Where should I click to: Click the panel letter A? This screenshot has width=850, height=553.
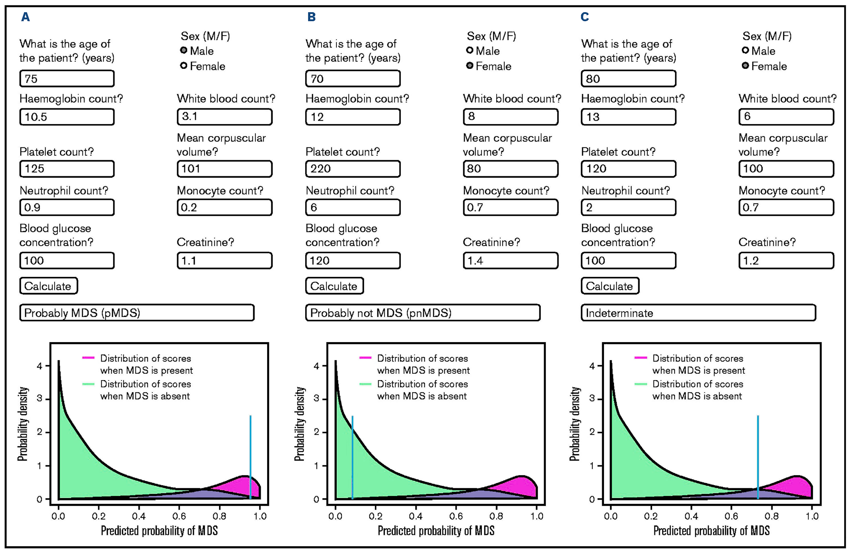click(x=25, y=17)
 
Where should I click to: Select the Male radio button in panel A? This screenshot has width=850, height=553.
click(x=183, y=50)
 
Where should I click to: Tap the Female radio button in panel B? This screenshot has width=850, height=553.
click(x=470, y=65)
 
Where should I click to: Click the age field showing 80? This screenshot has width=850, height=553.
click(x=628, y=78)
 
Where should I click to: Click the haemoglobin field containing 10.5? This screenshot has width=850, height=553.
click(x=67, y=117)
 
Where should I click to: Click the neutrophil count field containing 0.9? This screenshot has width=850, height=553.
click(x=67, y=207)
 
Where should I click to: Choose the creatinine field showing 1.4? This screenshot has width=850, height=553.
click(x=510, y=261)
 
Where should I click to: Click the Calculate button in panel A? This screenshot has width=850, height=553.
click(x=48, y=286)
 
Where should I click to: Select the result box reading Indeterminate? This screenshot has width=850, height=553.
click(x=698, y=313)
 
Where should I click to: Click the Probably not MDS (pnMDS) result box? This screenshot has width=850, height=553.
click(x=422, y=313)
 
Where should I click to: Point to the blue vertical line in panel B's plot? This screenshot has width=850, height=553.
click(x=352, y=457)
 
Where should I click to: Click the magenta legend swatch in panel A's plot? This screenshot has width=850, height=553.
click(x=88, y=358)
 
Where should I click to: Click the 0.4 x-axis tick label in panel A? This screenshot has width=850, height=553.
click(x=139, y=516)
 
